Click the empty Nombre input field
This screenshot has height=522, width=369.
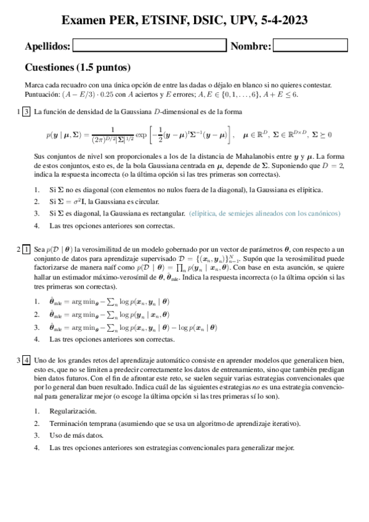[310, 46]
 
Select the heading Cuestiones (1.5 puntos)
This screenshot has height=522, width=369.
[77, 67]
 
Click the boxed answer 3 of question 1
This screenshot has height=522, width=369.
[26, 112]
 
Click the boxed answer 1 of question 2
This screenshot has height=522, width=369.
[26, 249]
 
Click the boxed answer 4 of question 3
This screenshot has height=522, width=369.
[26, 359]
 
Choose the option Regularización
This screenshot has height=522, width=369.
[73, 411]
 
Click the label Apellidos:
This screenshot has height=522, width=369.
[47, 46]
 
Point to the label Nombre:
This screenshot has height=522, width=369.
[250, 46]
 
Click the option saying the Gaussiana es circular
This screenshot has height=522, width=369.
[105, 201]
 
